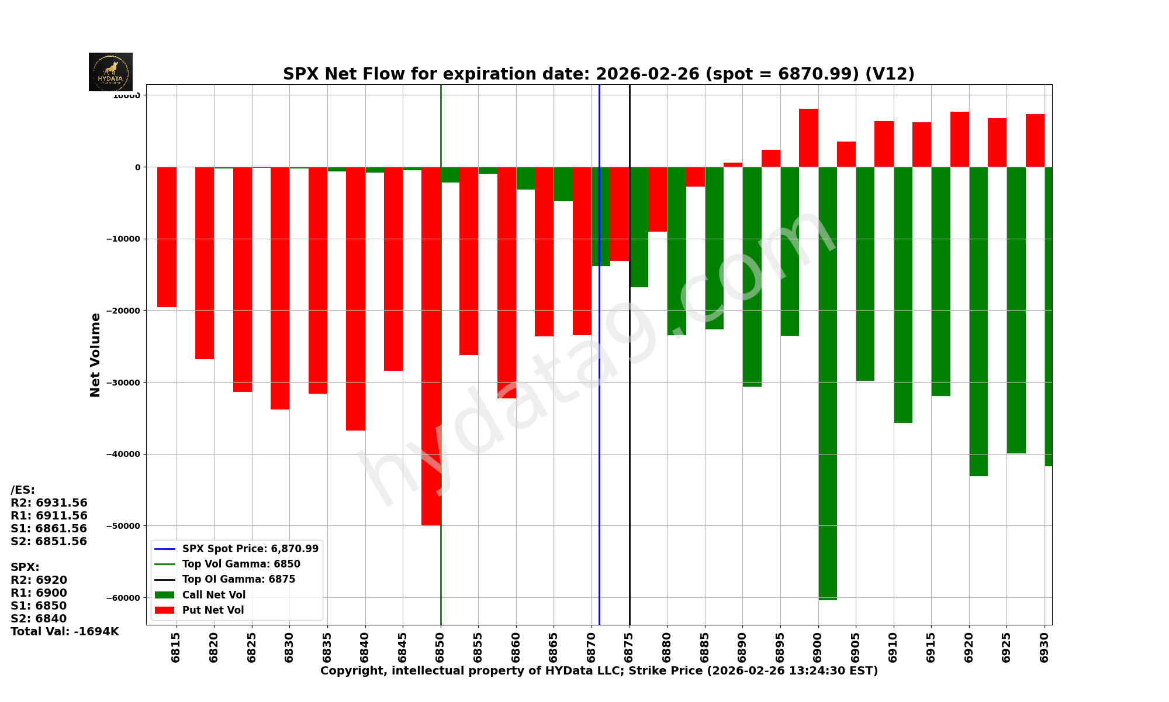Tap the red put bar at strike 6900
click(x=808, y=138)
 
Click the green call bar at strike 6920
click(x=978, y=322)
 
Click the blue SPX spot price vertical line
click(x=599, y=409)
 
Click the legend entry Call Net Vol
click(x=213, y=595)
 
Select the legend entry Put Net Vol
click(x=213, y=610)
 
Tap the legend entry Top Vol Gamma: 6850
click(x=241, y=564)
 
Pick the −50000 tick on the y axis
click(x=123, y=526)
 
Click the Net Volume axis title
click(x=95, y=355)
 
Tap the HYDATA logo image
click(x=110, y=72)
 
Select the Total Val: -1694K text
click(x=65, y=632)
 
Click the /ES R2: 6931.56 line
click(x=49, y=503)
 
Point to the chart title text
click(x=599, y=74)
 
